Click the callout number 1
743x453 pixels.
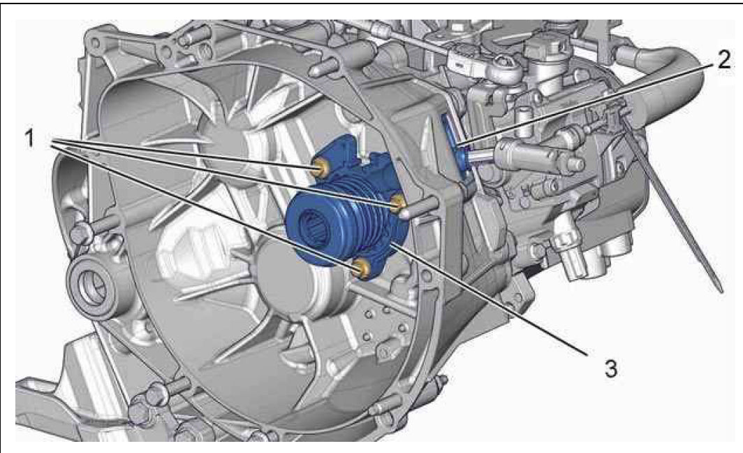coord(30,138)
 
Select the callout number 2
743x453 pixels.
coord(724,59)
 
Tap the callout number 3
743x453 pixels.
coord(611,368)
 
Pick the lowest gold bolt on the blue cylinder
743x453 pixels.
coord(363,268)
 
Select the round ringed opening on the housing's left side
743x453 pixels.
coord(91,285)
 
